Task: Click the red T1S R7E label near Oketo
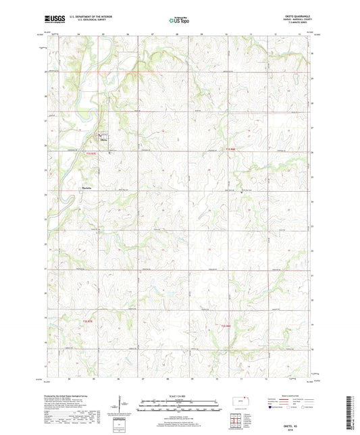click(x=93, y=155)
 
